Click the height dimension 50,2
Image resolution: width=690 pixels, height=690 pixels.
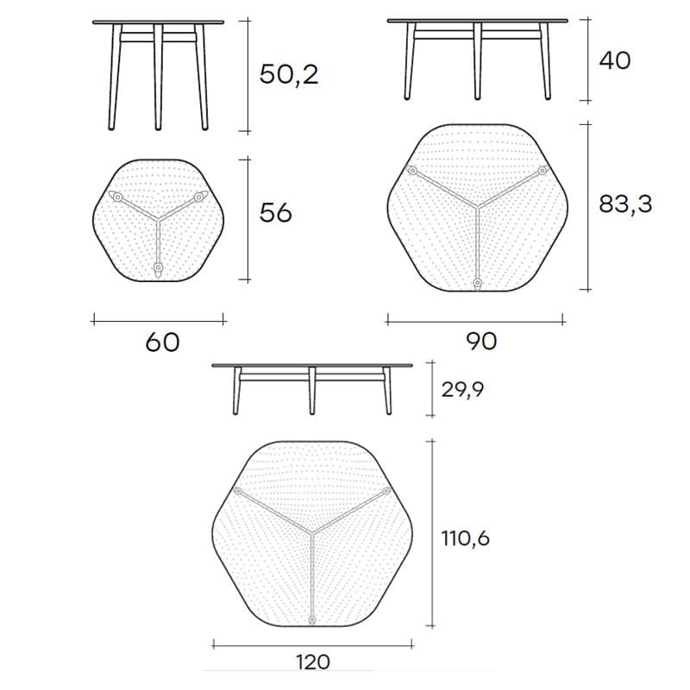point(289,74)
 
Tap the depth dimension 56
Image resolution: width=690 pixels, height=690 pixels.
point(275,213)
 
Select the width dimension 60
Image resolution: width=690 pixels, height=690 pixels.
point(162,342)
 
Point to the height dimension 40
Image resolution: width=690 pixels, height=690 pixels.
point(615,60)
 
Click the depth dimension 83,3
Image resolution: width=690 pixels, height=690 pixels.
point(625,204)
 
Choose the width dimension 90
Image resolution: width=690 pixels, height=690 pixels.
point(481,341)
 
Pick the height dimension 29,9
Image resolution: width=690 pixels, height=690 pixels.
point(462,390)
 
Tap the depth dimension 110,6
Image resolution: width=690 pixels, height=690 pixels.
point(466,537)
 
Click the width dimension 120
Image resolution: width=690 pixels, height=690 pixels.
point(312,662)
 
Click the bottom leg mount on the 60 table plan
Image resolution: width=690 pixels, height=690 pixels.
point(158,268)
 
